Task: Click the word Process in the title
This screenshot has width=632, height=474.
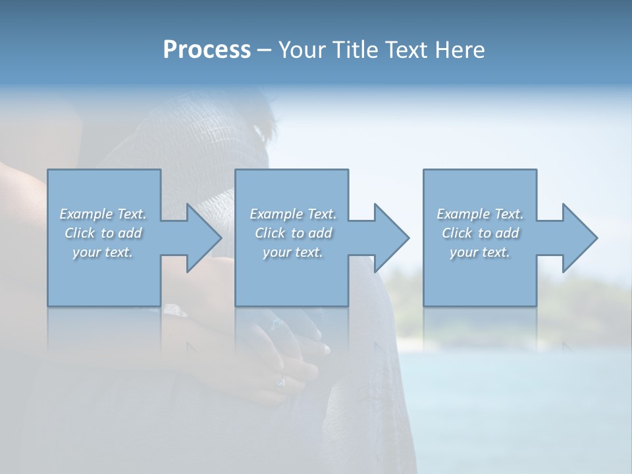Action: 207,50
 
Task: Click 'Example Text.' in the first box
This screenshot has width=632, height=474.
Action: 103,214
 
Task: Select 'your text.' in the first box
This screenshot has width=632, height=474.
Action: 103,253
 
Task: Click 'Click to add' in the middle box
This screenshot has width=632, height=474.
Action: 293,233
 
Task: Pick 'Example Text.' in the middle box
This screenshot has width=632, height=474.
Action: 293,214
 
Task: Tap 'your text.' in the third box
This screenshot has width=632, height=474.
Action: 480,253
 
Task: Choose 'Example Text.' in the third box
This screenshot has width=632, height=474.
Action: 480,214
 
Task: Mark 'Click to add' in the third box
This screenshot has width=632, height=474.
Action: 480,233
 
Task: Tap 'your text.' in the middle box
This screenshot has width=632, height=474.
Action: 293,253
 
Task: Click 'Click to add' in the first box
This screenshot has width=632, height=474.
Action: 103,233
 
